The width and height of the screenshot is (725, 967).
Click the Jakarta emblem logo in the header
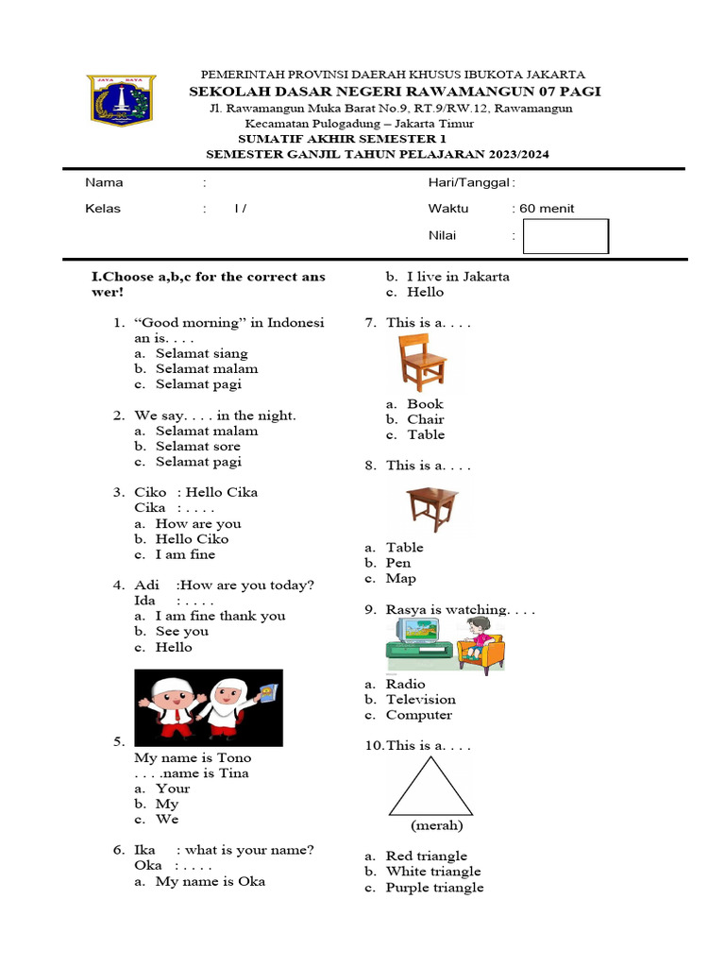[x=123, y=99]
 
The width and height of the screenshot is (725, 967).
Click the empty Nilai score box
[x=565, y=236]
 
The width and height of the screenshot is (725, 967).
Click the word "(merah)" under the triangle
[x=436, y=825]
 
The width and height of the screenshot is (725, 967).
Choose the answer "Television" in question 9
[x=420, y=700]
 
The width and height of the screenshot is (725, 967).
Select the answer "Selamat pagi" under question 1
[x=198, y=384]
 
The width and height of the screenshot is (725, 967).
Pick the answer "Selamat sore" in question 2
[x=198, y=447]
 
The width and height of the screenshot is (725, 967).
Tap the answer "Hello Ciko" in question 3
[x=193, y=539]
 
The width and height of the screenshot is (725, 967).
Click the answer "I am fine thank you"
[x=220, y=616]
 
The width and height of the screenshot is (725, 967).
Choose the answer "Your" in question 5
[x=173, y=789]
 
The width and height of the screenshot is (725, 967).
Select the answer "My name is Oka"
[x=211, y=881]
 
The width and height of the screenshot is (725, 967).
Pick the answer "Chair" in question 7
[x=425, y=419]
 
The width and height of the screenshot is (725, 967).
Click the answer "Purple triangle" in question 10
[x=434, y=888]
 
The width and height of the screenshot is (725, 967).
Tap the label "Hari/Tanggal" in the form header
[x=469, y=182]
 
